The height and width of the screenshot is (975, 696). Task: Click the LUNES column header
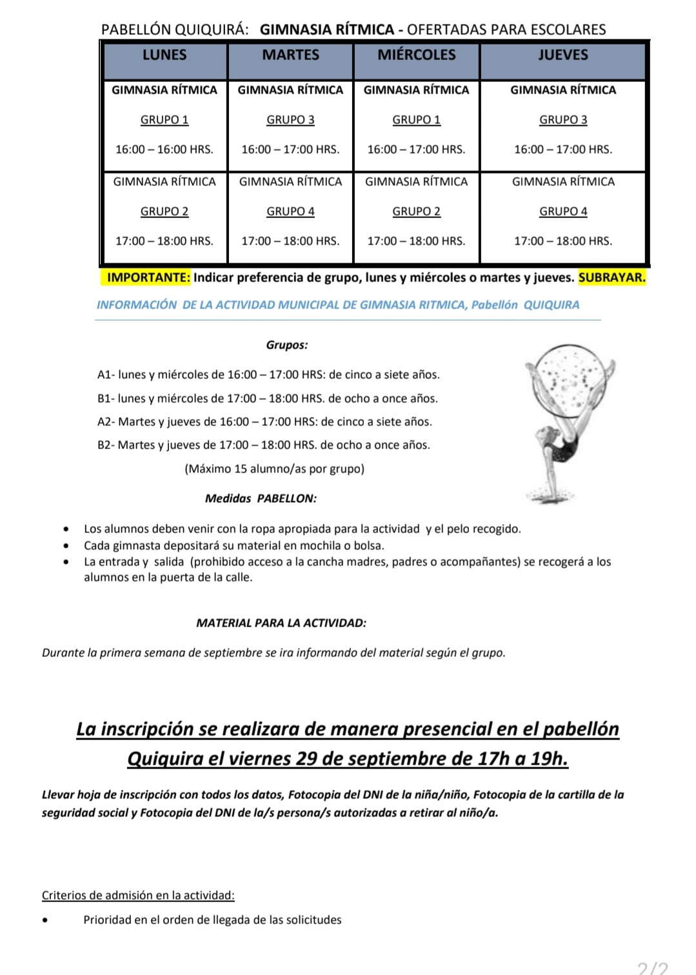(x=164, y=55)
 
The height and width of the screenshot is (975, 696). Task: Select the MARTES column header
(x=290, y=55)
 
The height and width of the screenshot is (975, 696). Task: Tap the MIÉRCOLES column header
(x=416, y=55)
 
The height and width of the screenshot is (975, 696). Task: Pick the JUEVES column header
(x=563, y=55)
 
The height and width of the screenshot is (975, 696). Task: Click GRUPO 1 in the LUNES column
(x=164, y=119)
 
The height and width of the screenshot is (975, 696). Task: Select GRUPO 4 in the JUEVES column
(x=563, y=211)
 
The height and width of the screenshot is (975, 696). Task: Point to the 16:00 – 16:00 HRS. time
(x=164, y=149)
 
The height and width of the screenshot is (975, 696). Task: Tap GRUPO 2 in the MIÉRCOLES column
(x=416, y=211)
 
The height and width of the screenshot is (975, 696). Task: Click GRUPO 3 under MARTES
(x=290, y=119)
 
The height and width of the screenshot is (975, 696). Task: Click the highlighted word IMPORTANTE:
(x=148, y=277)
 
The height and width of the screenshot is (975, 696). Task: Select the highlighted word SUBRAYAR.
(x=611, y=277)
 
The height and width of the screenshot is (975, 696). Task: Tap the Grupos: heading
(x=287, y=345)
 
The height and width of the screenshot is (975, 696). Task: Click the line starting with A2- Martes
(x=264, y=421)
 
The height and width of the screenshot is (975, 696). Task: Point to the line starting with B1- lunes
(x=267, y=398)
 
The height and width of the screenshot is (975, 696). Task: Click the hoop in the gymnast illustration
(x=570, y=377)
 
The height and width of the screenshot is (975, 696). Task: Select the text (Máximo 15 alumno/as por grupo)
(x=274, y=468)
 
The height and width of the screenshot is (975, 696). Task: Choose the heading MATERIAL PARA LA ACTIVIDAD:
(x=281, y=623)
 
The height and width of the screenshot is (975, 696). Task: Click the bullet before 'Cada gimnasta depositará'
(x=66, y=545)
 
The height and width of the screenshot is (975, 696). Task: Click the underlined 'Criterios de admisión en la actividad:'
(x=138, y=895)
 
